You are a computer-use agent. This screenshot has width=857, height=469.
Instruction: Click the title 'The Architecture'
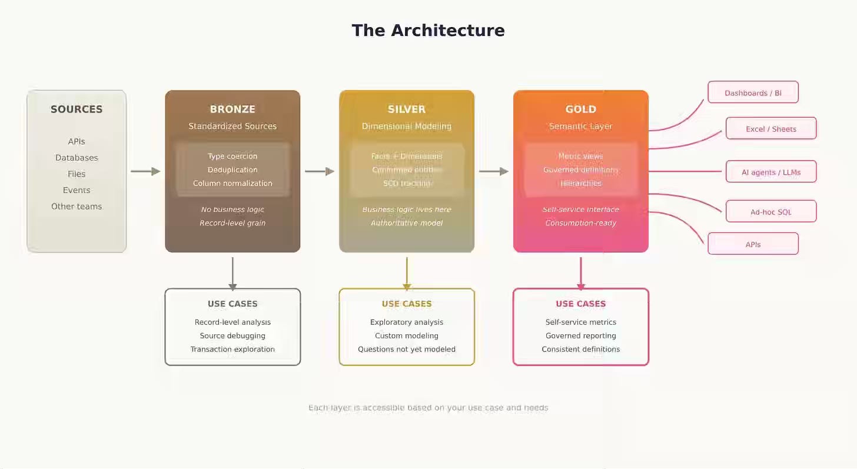(x=428, y=31)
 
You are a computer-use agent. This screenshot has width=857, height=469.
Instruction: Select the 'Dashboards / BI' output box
(x=753, y=92)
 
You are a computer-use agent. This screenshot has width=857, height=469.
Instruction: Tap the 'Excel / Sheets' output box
(x=770, y=128)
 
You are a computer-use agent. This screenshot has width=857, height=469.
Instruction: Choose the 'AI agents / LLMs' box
(x=770, y=172)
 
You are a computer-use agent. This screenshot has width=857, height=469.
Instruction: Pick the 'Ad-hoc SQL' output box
(x=770, y=212)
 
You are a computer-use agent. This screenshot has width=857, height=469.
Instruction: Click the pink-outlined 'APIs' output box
(x=753, y=244)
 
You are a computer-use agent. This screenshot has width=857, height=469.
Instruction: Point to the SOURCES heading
(x=77, y=109)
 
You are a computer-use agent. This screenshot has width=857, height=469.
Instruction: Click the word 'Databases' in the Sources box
(x=77, y=158)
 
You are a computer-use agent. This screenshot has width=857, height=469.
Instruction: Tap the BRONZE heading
(x=232, y=109)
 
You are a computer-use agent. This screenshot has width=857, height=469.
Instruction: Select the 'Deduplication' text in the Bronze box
(x=232, y=170)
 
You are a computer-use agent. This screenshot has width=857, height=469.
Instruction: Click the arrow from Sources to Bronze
(x=145, y=171)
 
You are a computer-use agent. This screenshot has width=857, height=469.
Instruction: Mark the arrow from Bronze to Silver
(x=320, y=171)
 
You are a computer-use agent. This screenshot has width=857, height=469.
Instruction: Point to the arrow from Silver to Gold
(x=494, y=171)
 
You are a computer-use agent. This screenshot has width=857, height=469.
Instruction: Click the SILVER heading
(x=407, y=109)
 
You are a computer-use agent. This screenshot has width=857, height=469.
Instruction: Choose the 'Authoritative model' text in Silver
(x=407, y=223)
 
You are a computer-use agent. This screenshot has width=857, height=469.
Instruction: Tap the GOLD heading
(x=581, y=109)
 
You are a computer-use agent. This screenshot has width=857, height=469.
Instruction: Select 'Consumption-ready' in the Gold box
(x=581, y=223)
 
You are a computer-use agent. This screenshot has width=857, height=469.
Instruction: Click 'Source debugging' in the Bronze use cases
(x=232, y=336)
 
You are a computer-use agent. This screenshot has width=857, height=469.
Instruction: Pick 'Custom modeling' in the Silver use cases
(x=407, y=336)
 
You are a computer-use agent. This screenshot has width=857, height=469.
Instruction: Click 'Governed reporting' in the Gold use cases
(x=581, y=336)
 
